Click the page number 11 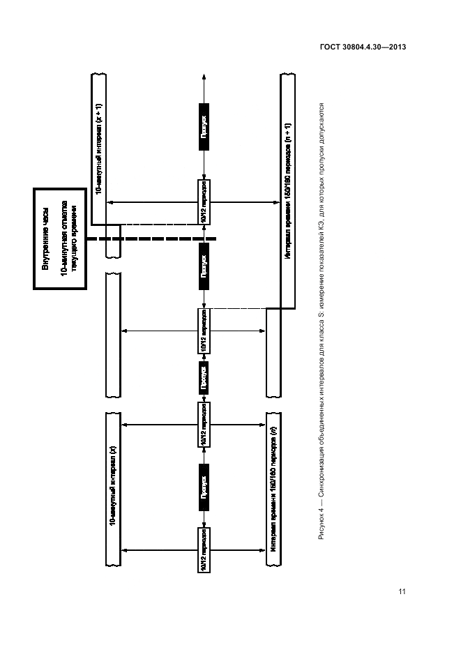[x=402, y=592]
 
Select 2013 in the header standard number [x=395, y=47]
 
